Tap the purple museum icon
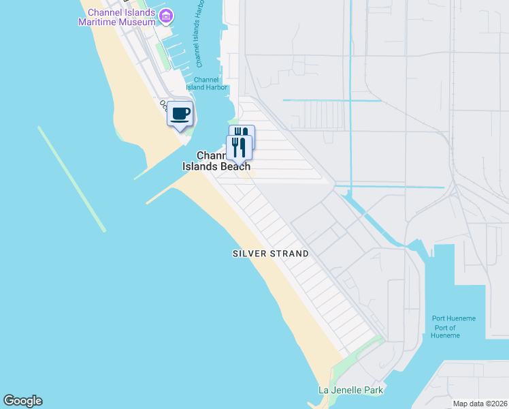165,15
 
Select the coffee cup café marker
180,115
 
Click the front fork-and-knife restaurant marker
239,147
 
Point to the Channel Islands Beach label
216,161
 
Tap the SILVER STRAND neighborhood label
271,254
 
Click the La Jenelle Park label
351,390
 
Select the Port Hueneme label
454,318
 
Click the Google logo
22,401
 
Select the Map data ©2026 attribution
480,404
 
